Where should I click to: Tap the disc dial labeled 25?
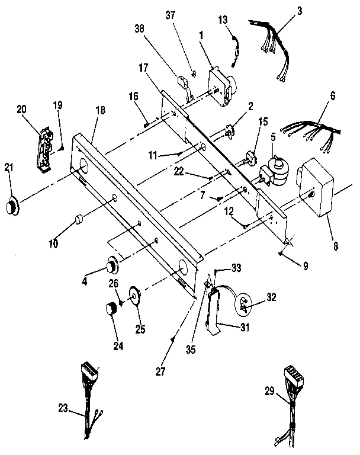click(136, 294)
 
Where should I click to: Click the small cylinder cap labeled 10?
click(77, 221)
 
